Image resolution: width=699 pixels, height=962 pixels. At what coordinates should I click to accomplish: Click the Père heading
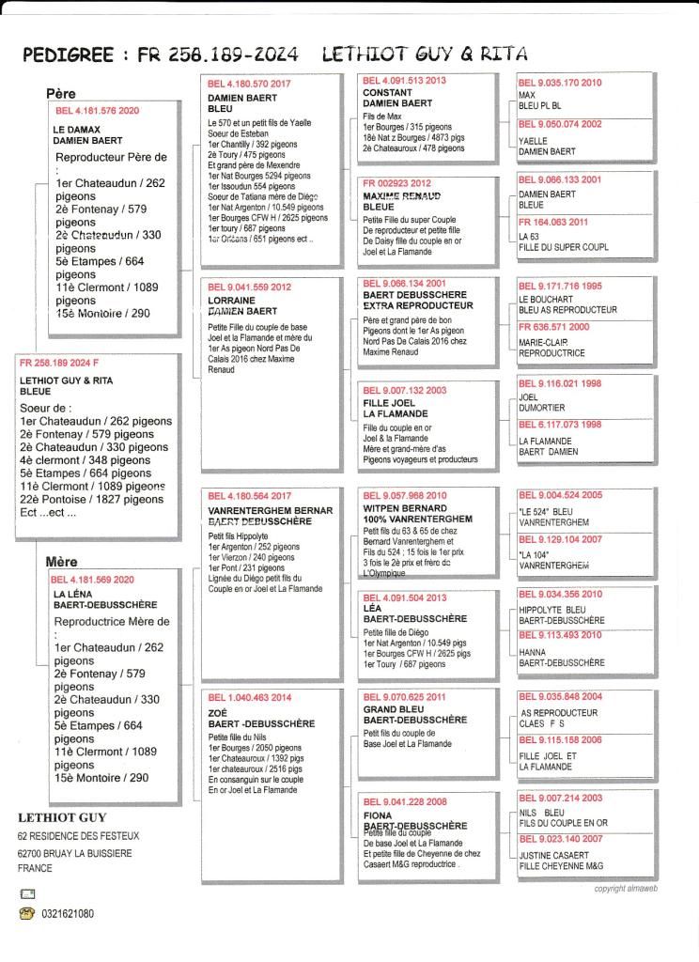(x=60, y=94)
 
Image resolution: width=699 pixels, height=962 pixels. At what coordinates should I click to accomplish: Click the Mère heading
(x=62, y=562)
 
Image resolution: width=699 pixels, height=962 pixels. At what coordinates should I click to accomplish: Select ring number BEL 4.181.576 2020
(x=97, y=111)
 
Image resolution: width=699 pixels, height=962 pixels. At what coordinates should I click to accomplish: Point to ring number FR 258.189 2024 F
(x=59, y=363)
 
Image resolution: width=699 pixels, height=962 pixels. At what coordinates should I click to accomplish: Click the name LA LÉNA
(x=72, y=596)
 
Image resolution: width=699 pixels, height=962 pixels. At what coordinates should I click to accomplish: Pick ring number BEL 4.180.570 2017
(x=249, y=84)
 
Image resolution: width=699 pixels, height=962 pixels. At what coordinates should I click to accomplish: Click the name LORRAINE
(x=231, y=300)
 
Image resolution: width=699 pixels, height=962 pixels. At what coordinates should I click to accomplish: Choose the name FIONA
(x=378, y=816)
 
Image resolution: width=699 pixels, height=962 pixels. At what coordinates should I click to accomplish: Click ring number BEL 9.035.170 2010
(x=560, y=83)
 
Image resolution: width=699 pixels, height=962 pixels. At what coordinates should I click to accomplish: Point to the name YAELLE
(x=535, y=138)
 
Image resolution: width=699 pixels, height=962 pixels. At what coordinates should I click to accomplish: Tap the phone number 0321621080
(x=67, y=913)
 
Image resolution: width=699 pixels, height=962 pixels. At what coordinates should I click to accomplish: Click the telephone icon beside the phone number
(x=26, y=913)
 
